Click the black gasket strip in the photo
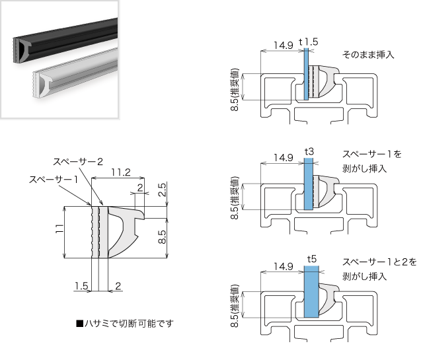(x=66, y=40)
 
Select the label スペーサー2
(x=78, y=161)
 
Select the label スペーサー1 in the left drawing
(x=54, y=179)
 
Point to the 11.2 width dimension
(x=120, y=172)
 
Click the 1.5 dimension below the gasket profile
(x=81, y=286)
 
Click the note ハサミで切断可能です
(x=125, y=324)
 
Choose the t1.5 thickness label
(x=309, y=42)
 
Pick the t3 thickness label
(x=309, y=152)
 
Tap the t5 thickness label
(x=312, y=259)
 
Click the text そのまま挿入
(x=368, y=55)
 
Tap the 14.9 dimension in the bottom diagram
(x=283, y=267)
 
